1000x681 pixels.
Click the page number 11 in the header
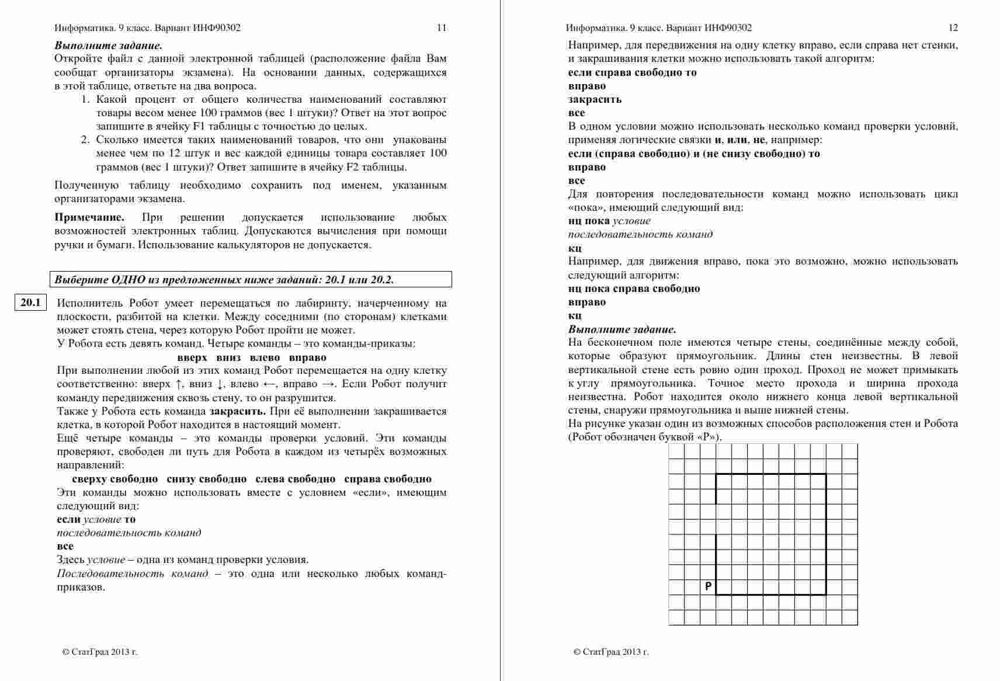(442, 27)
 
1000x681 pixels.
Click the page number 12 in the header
(953, 27)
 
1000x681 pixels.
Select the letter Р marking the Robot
(708, 586)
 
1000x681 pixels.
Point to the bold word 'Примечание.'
(89, 217)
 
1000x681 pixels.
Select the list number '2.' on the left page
(85, 140)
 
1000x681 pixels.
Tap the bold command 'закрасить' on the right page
(595, 99)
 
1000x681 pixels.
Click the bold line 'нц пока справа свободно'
(634, 289)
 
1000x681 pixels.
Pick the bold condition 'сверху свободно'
(115, 479)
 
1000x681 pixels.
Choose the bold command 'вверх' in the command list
(192, 357)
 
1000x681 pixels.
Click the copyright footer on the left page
(100, 652)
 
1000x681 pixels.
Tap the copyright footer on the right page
(611, 652)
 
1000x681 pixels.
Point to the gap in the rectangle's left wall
(716, 519)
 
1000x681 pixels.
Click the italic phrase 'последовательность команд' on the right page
(640, 234)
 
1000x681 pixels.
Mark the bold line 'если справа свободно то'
(632, 72)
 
